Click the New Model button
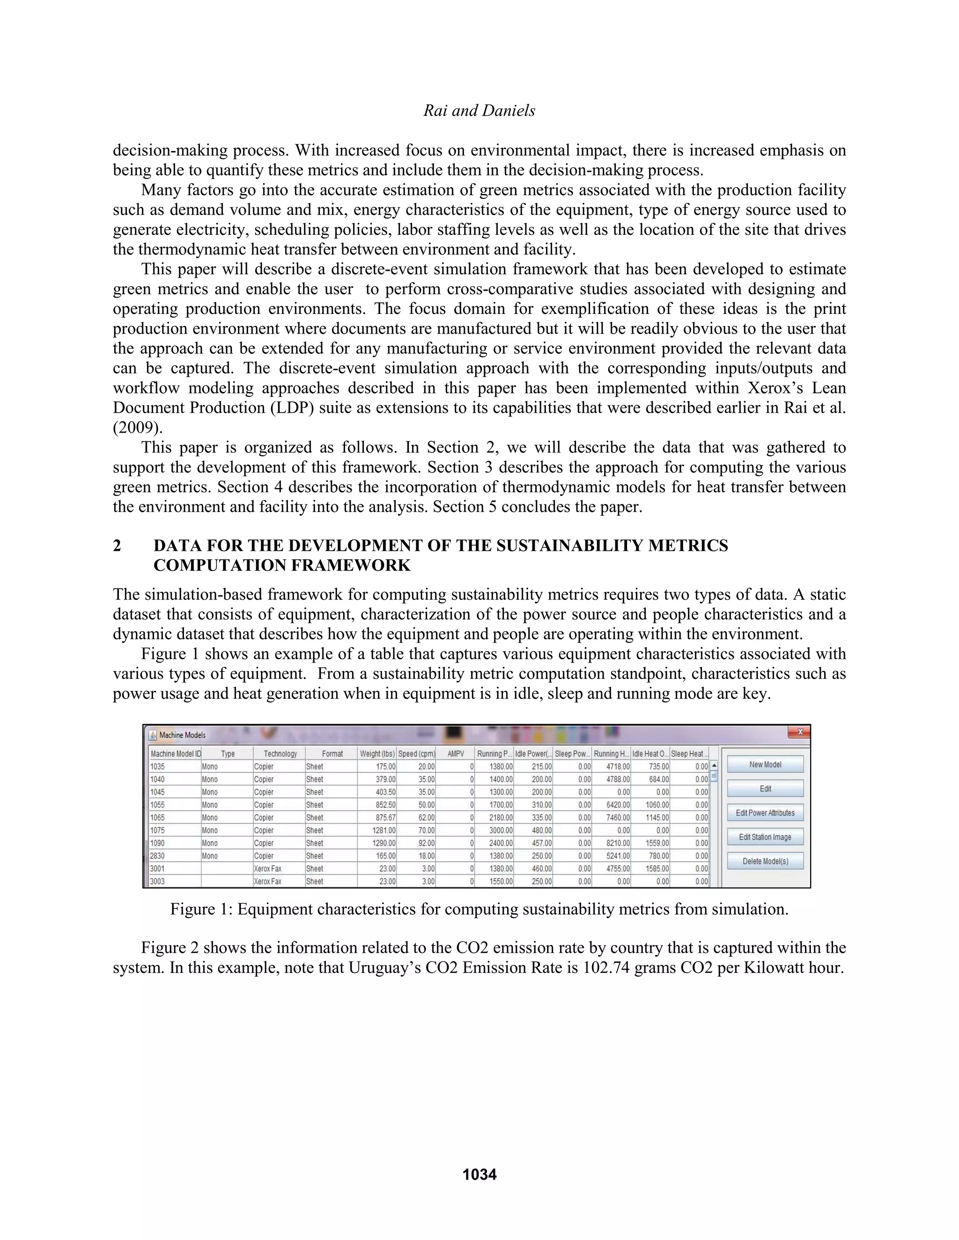point(765,764)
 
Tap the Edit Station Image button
point(765,837)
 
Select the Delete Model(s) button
point(765,861)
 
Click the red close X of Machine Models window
point(799,732)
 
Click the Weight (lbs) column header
point(376,754)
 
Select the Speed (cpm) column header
point(416,754)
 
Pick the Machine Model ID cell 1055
point(158,804)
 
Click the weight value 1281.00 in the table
point(384,830)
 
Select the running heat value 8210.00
point(618,843)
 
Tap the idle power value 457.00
point(541,843)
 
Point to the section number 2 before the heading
point(117,546)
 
